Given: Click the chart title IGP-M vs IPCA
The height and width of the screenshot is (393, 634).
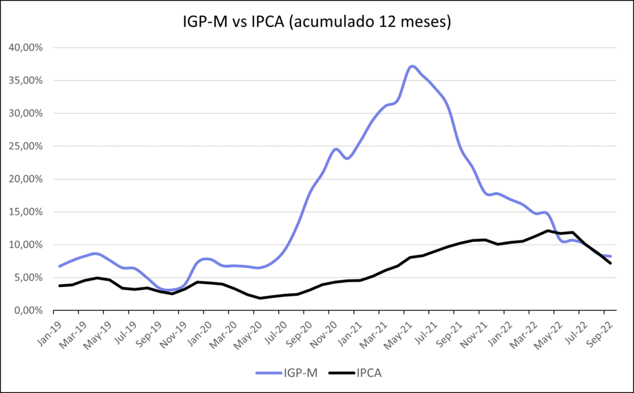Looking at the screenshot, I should [317, 22].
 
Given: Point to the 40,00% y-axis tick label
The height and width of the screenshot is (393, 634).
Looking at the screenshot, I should [25, 48].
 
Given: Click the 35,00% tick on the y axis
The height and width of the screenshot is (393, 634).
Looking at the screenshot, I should [25, 81].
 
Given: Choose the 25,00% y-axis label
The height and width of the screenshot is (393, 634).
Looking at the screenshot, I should [25, 146].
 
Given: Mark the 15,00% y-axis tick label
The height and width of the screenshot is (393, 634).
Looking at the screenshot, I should [25, 212].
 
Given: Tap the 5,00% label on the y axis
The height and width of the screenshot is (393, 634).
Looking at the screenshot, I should [27, 278].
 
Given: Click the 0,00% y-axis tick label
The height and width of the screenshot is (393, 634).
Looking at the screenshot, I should [27, 311].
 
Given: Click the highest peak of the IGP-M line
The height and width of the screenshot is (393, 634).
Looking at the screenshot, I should [412, 66].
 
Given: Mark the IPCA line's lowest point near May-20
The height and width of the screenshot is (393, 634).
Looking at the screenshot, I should [260, 298].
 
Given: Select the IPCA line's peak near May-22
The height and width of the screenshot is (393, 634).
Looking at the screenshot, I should [548, 231].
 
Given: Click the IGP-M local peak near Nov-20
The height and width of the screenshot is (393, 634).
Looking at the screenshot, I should [336, 149].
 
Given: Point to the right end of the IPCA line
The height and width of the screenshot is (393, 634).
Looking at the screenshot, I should [611, 263].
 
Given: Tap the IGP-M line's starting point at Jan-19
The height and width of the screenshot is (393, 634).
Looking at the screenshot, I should [59, 267].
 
